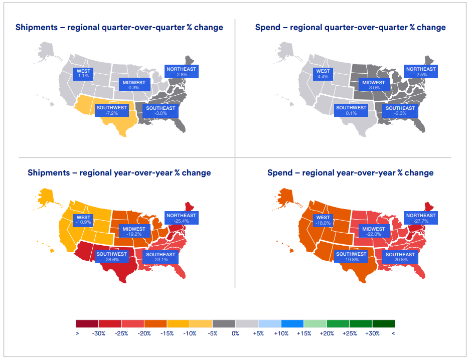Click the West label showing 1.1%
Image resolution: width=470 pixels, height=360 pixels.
83,74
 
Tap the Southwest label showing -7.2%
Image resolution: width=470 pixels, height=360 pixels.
111,110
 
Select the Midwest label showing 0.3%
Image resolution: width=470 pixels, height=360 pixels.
134,85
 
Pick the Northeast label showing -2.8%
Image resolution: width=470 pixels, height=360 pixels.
181,71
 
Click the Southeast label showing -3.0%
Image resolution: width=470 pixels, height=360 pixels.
161,111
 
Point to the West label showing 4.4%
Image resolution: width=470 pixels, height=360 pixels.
323,74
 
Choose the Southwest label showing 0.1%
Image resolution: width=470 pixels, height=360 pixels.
351,110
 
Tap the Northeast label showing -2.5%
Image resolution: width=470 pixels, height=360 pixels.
421,71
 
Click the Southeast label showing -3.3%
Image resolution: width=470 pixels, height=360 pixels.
400,111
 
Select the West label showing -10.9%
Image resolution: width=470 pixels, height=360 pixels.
83,220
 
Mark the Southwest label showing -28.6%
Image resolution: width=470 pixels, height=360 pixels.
111,257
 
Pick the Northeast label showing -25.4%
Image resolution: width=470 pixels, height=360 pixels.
181,218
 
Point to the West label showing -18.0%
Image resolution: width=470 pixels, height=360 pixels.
323,220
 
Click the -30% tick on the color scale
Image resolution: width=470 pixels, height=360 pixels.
99,333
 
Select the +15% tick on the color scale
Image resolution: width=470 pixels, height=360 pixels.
304,333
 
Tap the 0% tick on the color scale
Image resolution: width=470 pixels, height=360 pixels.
235,333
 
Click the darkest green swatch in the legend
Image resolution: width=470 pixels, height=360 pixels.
384,323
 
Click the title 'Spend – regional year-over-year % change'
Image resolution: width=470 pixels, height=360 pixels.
350,173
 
